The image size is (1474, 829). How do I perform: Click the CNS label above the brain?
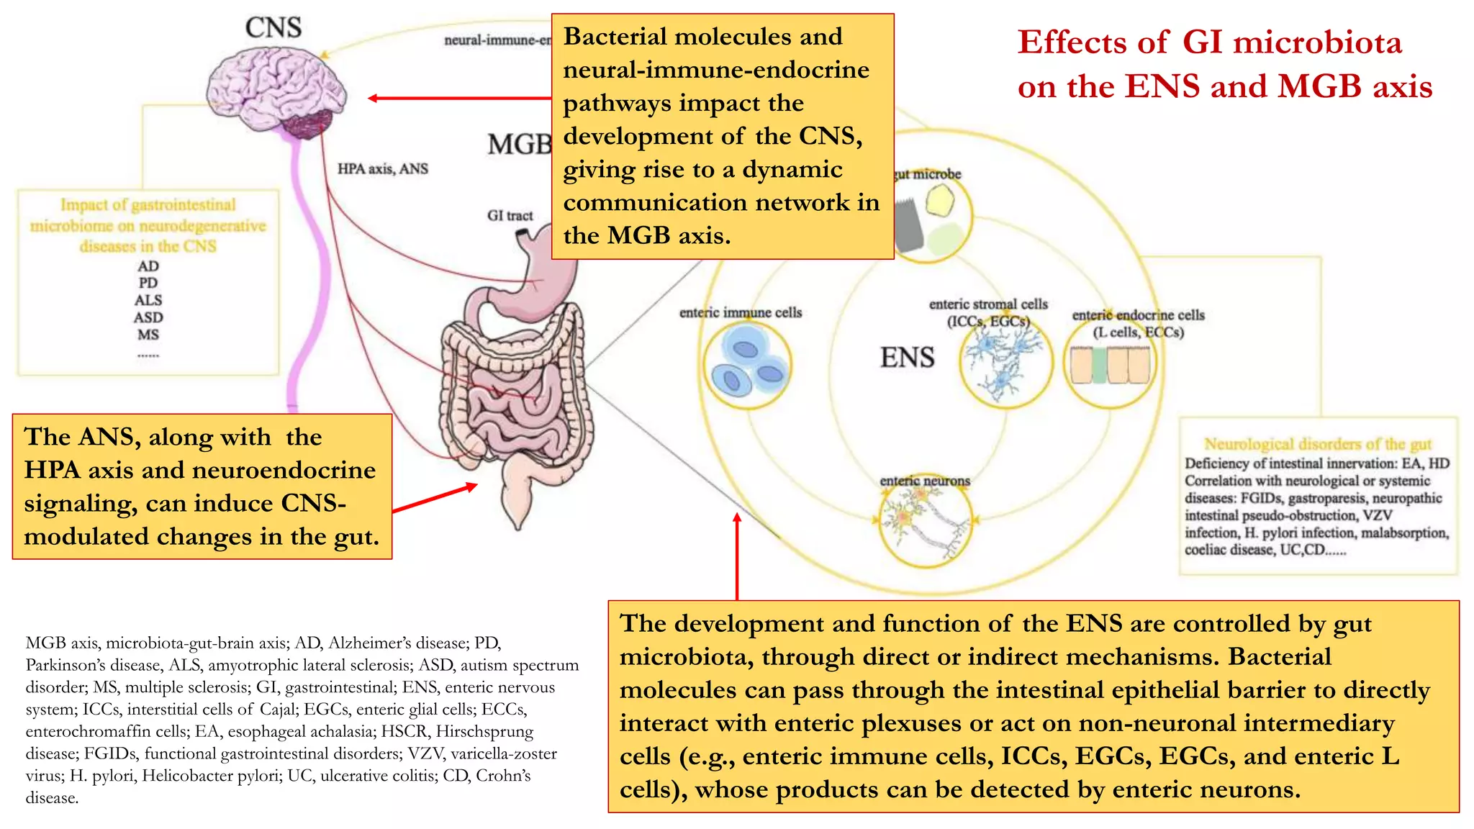[x=273, y=28]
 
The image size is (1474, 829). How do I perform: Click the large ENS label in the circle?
[x=907, y=358]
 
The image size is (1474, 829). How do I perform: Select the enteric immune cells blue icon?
[x=747, y=364]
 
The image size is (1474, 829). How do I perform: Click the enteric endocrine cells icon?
[x=1109, y=365]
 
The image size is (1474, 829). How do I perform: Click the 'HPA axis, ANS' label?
[x=382, y=169]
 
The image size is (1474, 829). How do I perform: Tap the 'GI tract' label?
[x=510, y=215]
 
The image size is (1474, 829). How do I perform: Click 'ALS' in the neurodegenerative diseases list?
[x=148, y=300]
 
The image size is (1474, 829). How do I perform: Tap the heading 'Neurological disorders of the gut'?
[x=1317, y=444]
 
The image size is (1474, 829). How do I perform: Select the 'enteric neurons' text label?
[x=925, y=481]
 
